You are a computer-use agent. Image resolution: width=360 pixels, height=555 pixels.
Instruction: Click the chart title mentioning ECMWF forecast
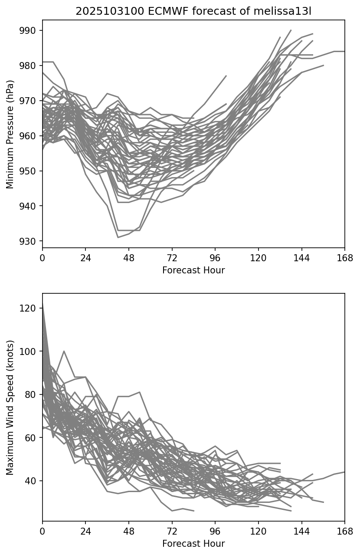[193, 11]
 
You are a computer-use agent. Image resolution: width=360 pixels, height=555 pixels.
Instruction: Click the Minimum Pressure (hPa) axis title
[10, 134]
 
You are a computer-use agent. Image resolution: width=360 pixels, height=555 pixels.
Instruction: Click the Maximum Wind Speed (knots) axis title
[10, 407]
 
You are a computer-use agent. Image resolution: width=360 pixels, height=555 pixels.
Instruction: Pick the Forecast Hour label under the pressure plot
[193, 270]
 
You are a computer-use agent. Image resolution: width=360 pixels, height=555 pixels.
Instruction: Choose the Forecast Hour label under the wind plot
[193, 544]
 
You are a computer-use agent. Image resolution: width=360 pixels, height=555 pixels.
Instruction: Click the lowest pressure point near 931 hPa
[118, 237]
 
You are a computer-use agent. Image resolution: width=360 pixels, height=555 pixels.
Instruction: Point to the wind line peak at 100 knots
[64, 351]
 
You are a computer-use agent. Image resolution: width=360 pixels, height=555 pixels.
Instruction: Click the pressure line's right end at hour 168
[344, 51]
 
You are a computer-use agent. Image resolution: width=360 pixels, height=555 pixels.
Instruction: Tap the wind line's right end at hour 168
[344, 472]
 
